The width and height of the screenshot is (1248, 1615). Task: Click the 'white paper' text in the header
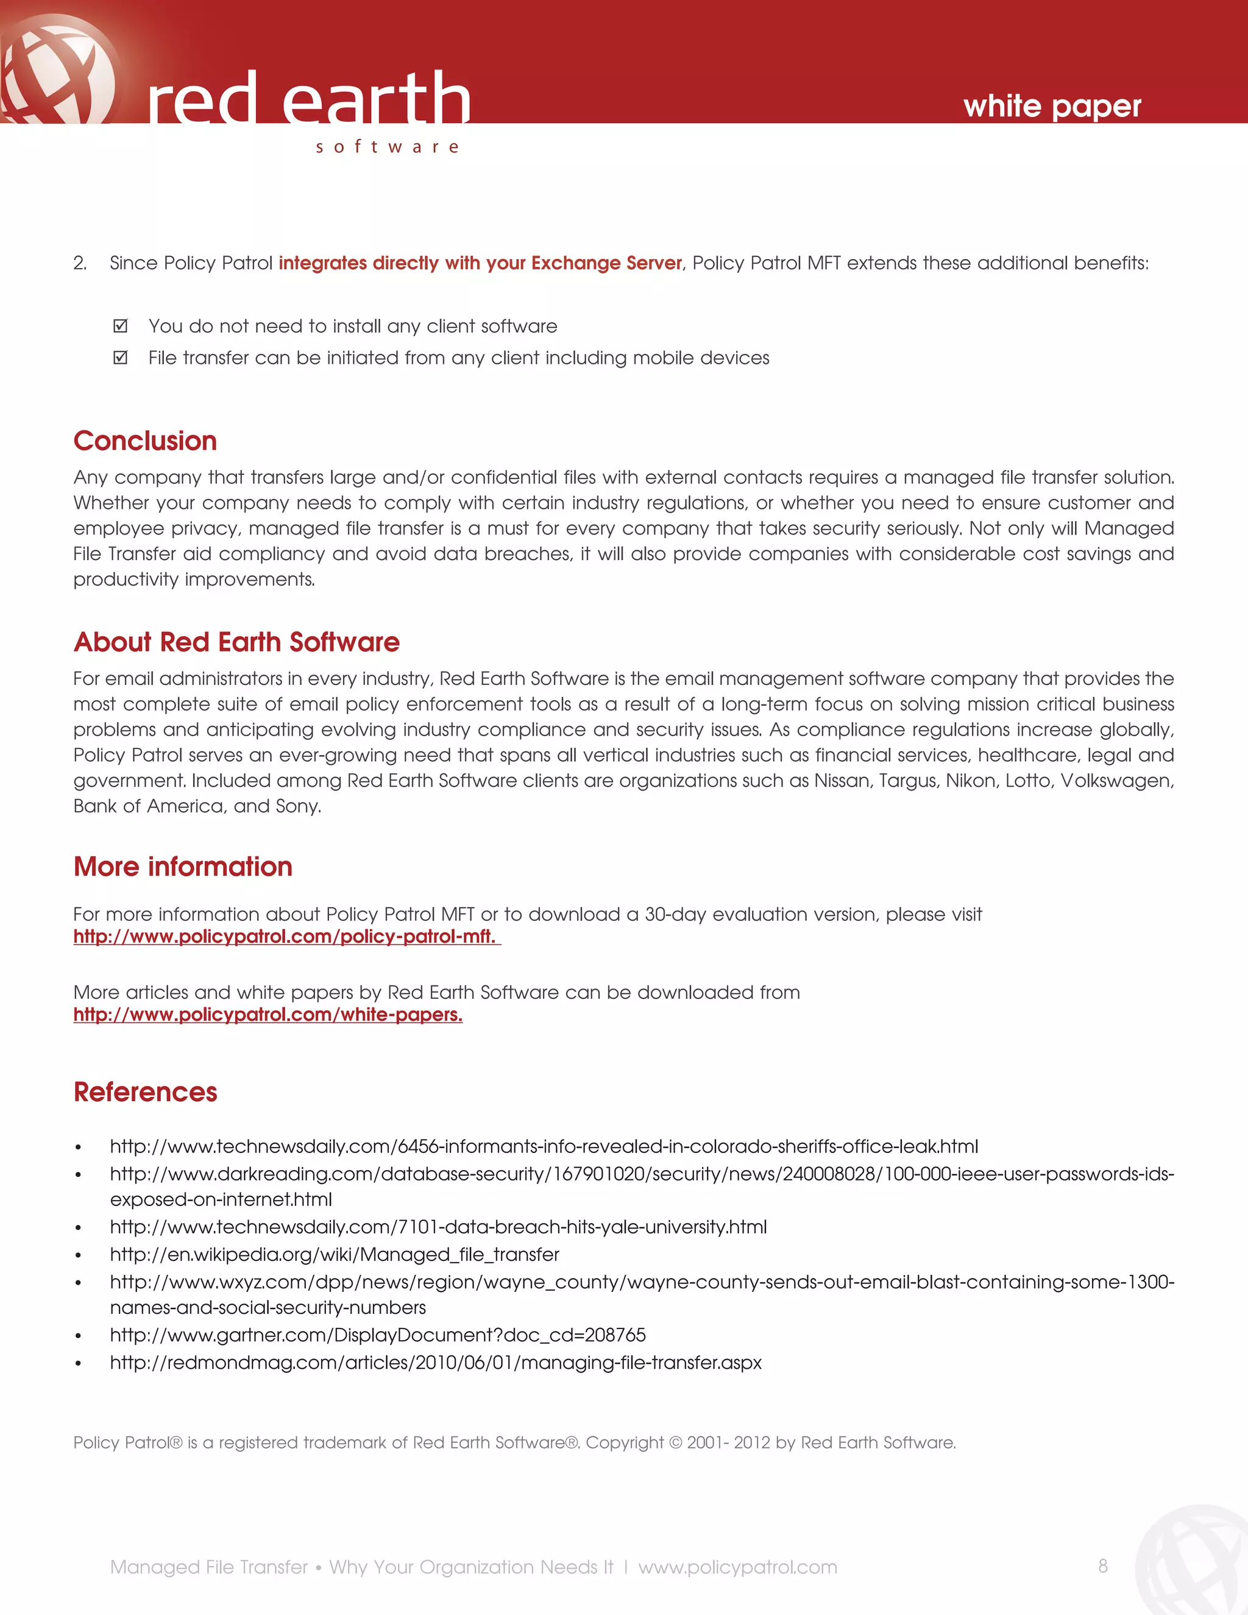pyautogui.click(x=1051, y=107)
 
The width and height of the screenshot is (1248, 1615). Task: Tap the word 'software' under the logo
pyautogui.click(x=388, y=146)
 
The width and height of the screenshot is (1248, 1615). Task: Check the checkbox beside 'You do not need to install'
pyautogui.click(x=121, y=326)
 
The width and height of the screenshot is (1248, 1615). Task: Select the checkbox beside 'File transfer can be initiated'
pyautogui.click(x=121, y=358)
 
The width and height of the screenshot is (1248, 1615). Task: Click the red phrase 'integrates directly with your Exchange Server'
pyautogui.click(x=480, y=263)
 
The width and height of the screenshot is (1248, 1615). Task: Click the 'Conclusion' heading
pyautogui.click(x=145, y=441)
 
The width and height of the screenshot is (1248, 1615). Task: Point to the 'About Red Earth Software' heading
pyautogui.click(x=236, y=642)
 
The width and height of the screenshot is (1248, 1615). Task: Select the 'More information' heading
pyautogui.click(x=183, y=867)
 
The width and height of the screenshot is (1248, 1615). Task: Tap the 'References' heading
pyautogui.click(x=145, y=1092)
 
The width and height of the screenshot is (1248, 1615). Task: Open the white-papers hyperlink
pyautogui.click(x=268, y=1015)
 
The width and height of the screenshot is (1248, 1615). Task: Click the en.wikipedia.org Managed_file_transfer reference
pyautogui.click(x=334, y=1254)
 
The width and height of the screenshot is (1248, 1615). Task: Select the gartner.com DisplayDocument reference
pyautogui.click(x=377, y=1335)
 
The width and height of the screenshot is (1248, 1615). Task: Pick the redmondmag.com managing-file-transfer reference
pyautogui.click(x=436, y=1362)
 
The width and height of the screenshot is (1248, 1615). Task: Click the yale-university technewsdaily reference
pyautogui.click(x=438, y=1227)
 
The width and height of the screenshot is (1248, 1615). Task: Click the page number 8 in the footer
pyautogui.click(x=1102, y=1566)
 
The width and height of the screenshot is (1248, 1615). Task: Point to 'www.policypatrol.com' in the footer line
pyautogui.click(x=737, y=1567)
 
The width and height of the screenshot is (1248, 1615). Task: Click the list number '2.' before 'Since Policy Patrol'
pyautogui.click(x=80, y=263)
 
